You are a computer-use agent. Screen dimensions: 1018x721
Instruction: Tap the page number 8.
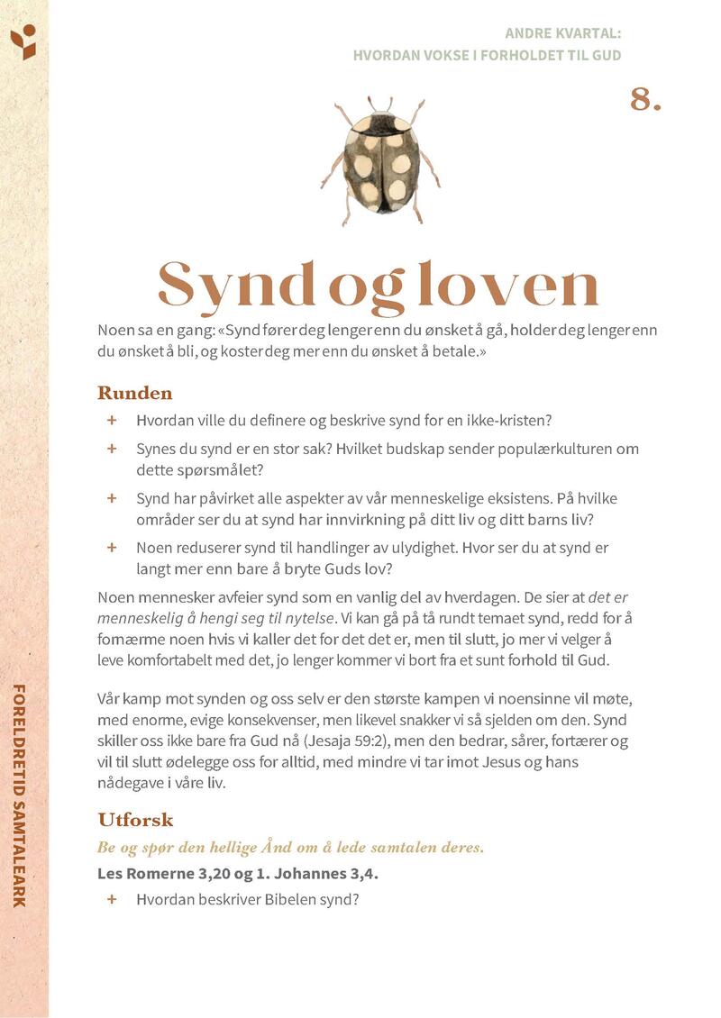645,100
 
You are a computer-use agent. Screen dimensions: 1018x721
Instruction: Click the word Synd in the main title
237,285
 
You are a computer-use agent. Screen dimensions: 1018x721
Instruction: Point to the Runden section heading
134,393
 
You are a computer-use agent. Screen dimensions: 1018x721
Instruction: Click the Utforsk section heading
135,820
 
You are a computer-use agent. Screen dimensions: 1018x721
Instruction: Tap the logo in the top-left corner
23,41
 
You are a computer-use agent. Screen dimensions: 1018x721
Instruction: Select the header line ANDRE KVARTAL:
562,33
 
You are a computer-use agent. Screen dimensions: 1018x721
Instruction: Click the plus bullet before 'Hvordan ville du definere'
112,420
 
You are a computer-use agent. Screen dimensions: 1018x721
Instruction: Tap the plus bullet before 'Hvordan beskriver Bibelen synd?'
112,898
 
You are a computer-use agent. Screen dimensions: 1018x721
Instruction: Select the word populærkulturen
558,449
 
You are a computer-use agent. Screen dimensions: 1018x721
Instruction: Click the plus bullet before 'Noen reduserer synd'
112,547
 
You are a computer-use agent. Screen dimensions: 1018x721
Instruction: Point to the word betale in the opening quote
456,351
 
